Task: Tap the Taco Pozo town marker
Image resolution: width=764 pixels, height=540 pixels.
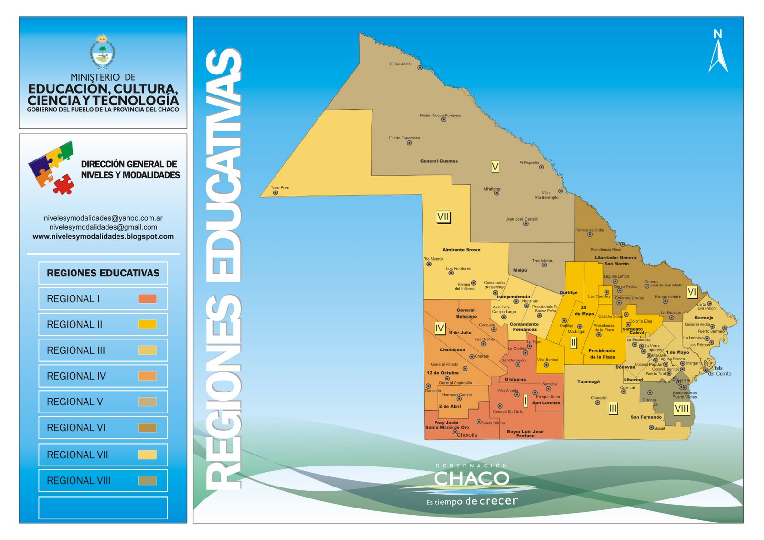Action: pyautogui.click(x=276, y=193)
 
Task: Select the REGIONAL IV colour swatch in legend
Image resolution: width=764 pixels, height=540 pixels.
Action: pyautogui.click(x=148, y=376)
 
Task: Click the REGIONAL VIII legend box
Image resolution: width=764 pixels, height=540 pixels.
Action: pyautogui.click(x=103, y=480)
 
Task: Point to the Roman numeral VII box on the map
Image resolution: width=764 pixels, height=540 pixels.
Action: pyautogui.click(x=443, y=217)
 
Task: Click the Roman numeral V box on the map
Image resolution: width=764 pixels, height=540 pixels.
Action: pyautogui.click(x=495, y=167)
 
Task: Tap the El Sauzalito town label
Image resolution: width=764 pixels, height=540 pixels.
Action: pyautogui.click(x=400, y=64)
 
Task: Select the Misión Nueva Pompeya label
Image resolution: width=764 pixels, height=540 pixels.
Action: pyautogui.click(x=440, y=115)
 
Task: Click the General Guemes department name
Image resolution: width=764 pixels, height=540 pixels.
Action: pyautogui.click(x=439, y=161)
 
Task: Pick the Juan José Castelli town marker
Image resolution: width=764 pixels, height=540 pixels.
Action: pyautogui.click(x=526, y=224)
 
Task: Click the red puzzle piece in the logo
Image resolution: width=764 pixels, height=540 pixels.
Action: pyautogui.click(x=63, y=184)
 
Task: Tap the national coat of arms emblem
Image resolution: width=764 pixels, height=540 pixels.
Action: pyautogui.click(x=102, y=52)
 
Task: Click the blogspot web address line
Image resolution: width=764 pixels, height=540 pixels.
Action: pyautogui.click(x=103, y=236)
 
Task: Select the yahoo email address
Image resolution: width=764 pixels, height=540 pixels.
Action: pyautogui.click(x=103, y=218)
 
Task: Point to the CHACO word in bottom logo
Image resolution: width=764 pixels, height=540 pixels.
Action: pyautogui.click(x=471, y=478)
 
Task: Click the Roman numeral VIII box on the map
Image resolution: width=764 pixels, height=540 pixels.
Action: pyautogui.click(x=681, y=409)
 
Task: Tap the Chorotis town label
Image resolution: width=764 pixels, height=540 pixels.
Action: pyautogui.click(x=467, y=435)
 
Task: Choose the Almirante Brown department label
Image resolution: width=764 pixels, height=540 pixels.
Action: pyautogui.click(x=461, y=250)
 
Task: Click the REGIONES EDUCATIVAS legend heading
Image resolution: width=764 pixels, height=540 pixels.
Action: pyautogui.click(x=103, y=273)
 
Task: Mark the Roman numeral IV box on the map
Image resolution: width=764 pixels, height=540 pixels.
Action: pyautogui.click(x=439, y=328)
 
